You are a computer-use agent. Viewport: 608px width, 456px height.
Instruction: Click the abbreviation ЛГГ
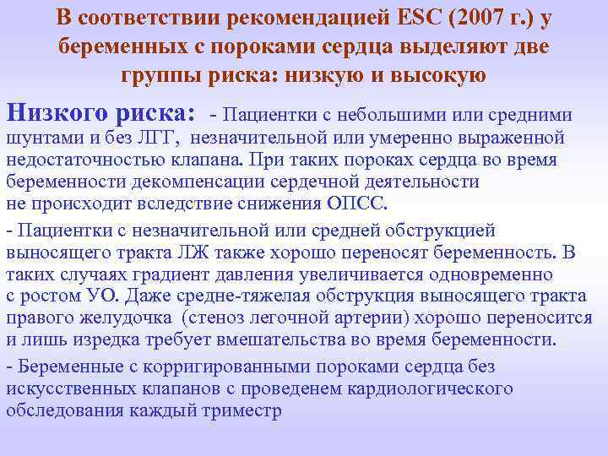pyautogui.click(x=155, y=138)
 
